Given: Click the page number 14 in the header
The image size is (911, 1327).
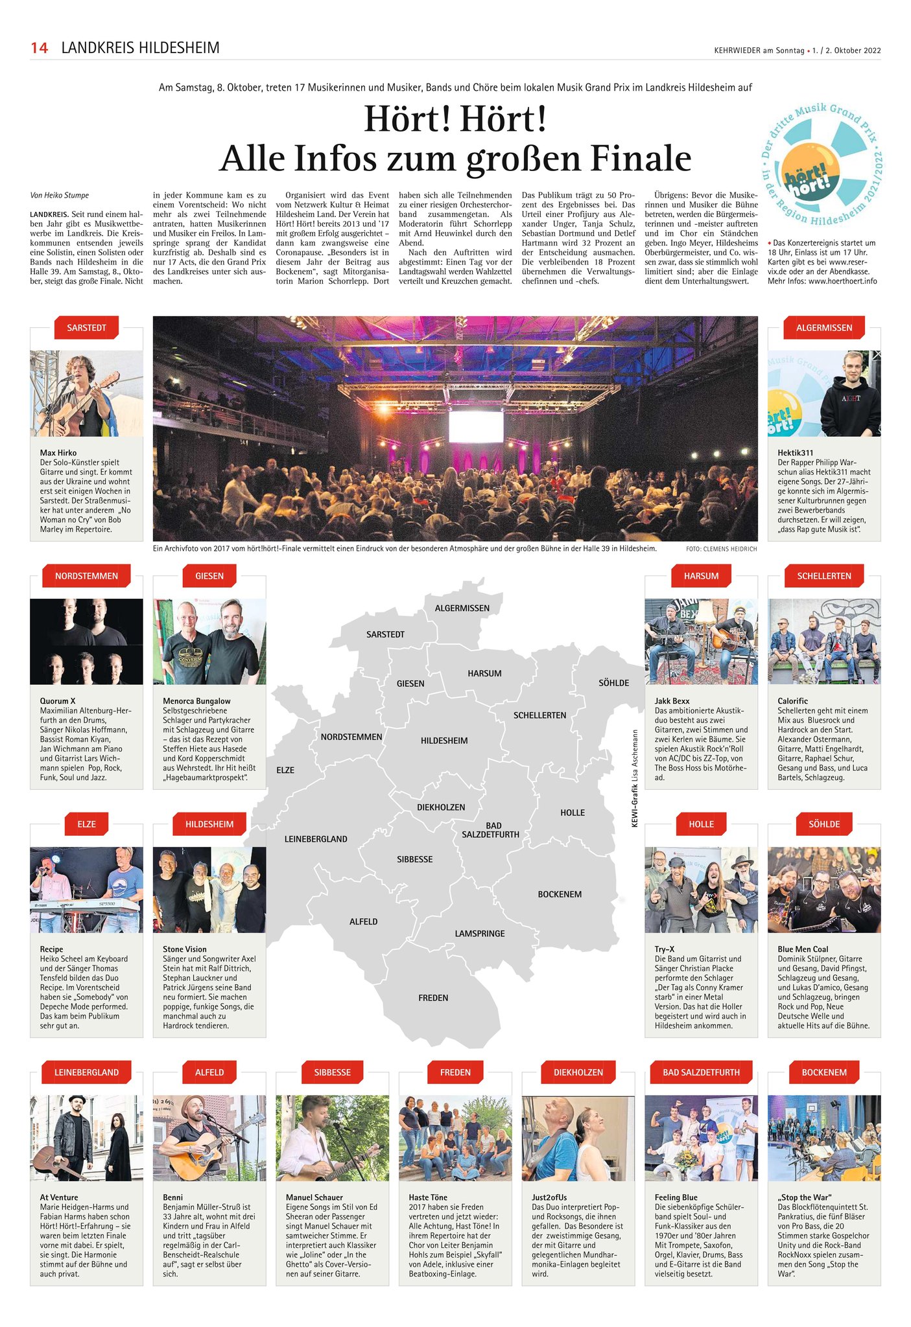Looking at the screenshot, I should click(40, 48).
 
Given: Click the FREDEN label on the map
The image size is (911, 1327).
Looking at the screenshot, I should click(433, 998).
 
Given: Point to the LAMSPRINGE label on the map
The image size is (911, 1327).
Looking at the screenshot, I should click(479, 934).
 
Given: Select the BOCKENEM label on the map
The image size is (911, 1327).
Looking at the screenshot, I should click(560, 894).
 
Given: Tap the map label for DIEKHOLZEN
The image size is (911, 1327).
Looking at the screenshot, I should click(441, 807).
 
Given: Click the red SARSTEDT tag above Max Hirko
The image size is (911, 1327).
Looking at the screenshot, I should click(87, 328).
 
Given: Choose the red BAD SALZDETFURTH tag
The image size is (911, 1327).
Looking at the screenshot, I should click(701, 1072).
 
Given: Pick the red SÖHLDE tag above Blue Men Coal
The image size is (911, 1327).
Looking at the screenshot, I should click(824, 824).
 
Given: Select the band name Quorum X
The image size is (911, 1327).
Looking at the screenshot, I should click(58, 701).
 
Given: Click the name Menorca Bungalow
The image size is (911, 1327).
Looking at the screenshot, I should click(196, 701).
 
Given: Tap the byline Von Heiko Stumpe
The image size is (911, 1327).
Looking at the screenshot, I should click(60, 195).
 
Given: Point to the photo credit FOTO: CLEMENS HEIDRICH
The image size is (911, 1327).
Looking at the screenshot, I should click(721, 549).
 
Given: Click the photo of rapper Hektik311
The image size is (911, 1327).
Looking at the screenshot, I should click(824, 393).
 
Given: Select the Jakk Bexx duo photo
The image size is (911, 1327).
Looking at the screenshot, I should click(701, 641).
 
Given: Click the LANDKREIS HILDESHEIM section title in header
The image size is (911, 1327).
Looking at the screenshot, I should click(140, 48).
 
